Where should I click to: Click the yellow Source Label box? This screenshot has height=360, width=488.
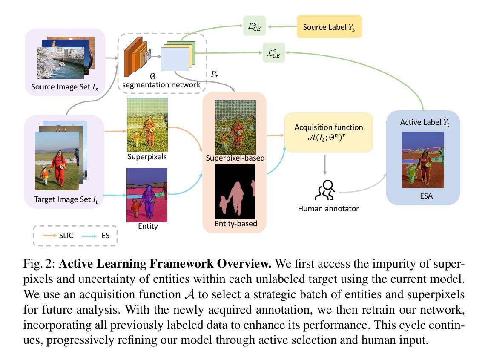click(329, 27)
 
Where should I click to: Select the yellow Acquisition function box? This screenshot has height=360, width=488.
click(329, 132)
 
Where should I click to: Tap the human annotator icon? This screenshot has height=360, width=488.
click(325, 190)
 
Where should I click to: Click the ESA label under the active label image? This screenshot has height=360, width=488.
click(426, 196)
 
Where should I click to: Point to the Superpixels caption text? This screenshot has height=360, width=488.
click(147, 157)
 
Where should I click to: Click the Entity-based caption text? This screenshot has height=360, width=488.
click(235, 224)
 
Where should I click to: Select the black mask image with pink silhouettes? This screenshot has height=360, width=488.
click(235, 192)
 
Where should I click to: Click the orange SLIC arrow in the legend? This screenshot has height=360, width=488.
click(50, 236)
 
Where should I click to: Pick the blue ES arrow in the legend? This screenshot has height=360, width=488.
click(89, 236)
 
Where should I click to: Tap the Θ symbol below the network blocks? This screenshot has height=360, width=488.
click(152, 76)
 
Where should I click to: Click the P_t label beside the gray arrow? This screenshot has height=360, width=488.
click(215, 75)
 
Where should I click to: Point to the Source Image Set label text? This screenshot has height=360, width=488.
click(64, 87)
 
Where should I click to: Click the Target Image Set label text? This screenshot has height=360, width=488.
click(66, 200)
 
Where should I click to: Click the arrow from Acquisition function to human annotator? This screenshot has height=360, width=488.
click(325, 165)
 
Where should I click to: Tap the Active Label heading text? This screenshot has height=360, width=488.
click(425, 122)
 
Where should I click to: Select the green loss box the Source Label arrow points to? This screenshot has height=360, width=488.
click(254, 26)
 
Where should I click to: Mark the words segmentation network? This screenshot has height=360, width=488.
click(161, 85)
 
